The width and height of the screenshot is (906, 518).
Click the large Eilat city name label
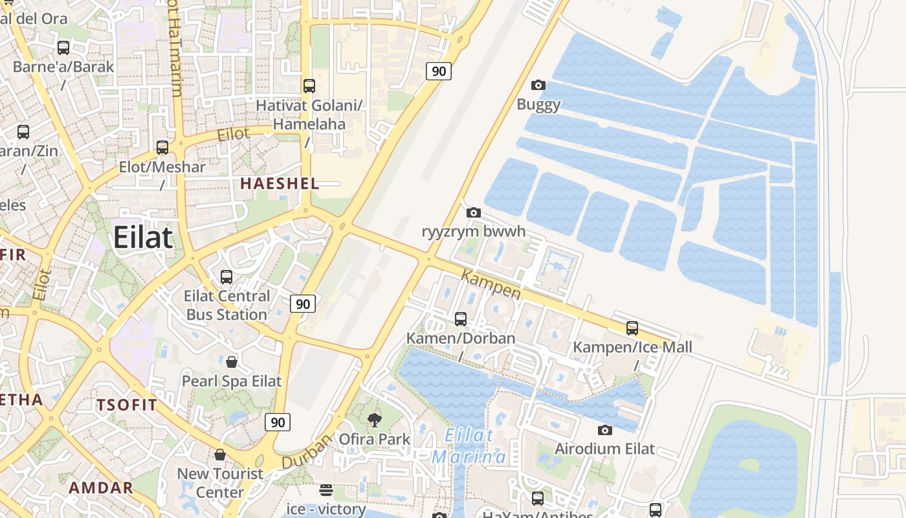(x=143, y=238)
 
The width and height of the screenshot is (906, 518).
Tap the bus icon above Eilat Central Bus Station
(x=226, y=277)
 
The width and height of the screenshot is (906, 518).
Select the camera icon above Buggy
(x=538, y=85)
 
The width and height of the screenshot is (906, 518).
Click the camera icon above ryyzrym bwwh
(x=474, y=212)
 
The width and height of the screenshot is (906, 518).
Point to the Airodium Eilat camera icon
(x=604, y=430)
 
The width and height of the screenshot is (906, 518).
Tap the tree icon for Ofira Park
(x=374, y=420)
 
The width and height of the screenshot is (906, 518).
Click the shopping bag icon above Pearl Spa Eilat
(x=232, y=361)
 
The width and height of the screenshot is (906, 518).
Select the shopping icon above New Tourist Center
(x=220, y=455)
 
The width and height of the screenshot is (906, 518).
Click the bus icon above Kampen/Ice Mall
(x=632, y=328)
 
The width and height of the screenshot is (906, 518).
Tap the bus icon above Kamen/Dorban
(x=461, y=319)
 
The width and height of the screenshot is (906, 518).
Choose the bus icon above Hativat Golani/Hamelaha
(x=309, y=85)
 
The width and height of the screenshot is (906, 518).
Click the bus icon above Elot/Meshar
(x=162, y=148)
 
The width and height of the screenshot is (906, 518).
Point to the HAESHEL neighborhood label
(x=280, y=184)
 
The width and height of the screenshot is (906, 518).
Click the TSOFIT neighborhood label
(x=127, y=405)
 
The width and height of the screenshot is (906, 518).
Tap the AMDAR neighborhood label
(x=101, y=488)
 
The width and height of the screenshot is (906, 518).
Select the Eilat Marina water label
(x=470, y=446)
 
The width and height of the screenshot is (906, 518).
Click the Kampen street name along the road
(x=491, y=285)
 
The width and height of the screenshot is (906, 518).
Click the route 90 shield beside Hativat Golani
(x=439, y=71)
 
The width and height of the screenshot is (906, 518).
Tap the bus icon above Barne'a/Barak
(x=63, y=48)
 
